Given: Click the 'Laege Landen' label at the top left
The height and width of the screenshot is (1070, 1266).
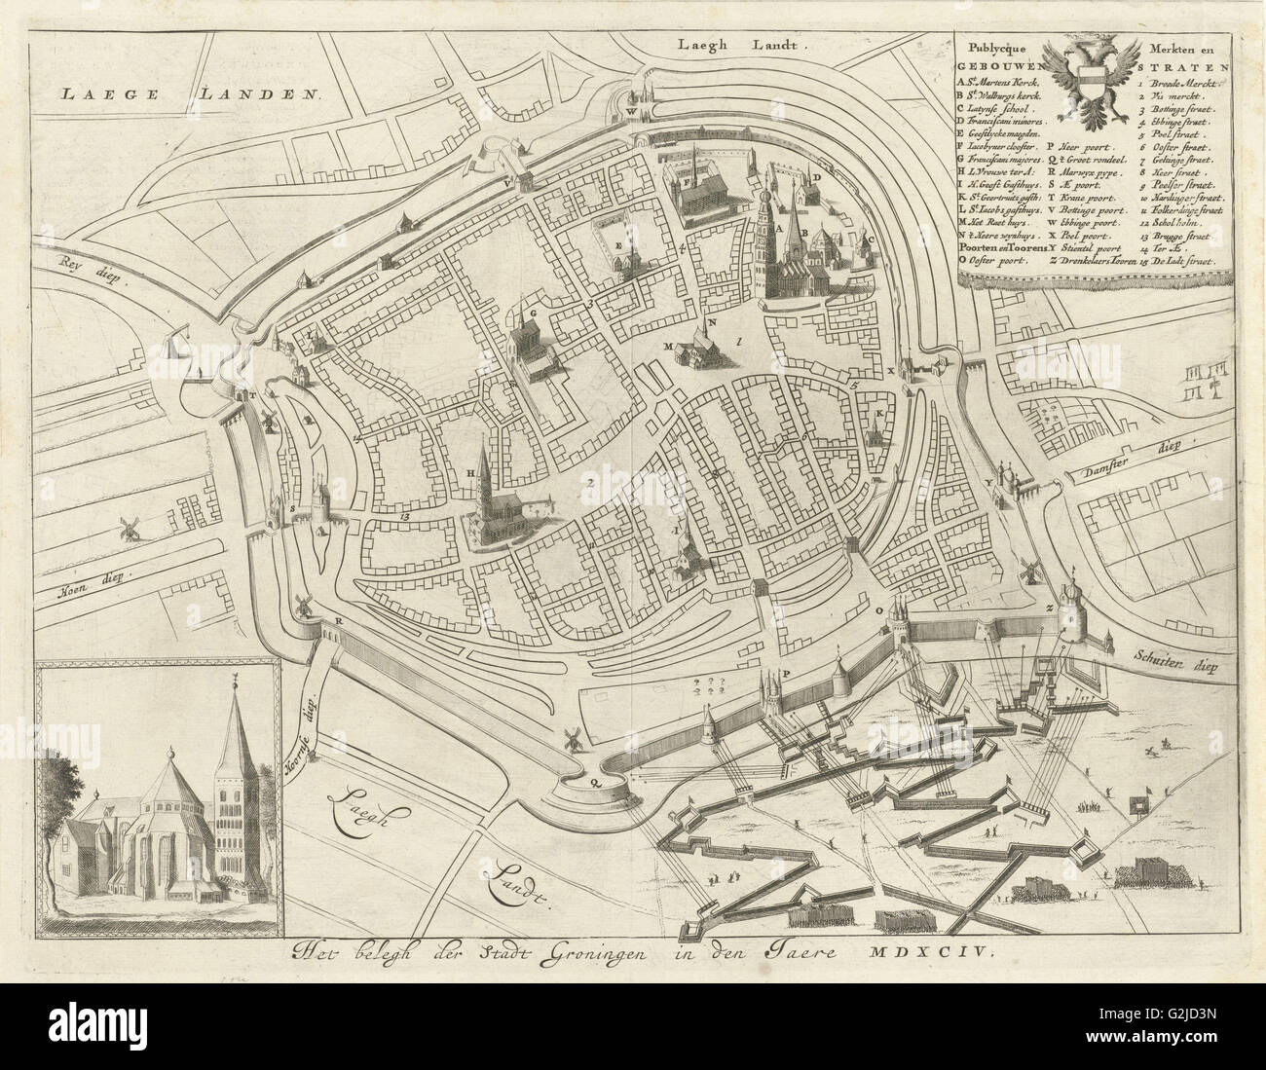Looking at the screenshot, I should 190,94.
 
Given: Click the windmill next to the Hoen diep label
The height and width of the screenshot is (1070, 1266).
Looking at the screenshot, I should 126,529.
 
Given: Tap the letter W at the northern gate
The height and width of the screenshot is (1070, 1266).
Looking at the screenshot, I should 631,110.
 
